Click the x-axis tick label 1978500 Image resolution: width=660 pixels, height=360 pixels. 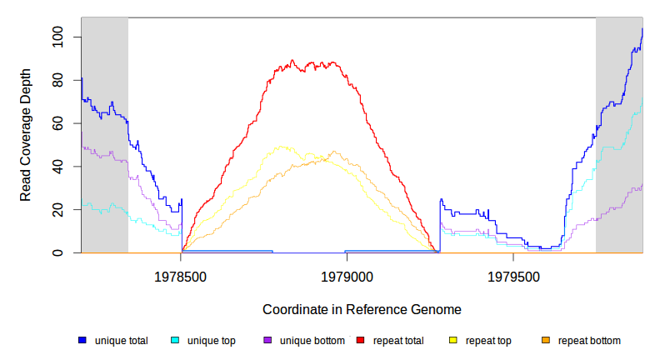pyautogui.click(x=182, y=275)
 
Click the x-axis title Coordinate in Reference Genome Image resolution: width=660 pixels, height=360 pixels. pyautogui.click(x=362, y=309)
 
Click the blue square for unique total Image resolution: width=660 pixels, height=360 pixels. pyautogui.click(x=82, y=341)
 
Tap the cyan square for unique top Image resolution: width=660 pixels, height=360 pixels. pyautogui.click(x=175, y=341)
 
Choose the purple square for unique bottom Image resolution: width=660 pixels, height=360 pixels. pyautogui.click(x=267, y=341)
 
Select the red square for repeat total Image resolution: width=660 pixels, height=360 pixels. pyautogui.click(x=360, y=341)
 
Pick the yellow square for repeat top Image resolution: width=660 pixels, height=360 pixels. pyautogui.click(x=453, y=341)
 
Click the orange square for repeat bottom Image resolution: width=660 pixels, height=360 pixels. pyautogui.click(x=546, y=341)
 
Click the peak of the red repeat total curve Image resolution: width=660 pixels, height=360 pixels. pyautogui.click(x=292, y=60)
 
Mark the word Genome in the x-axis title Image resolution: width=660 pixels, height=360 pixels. pyautogui.click(x=437, y=309)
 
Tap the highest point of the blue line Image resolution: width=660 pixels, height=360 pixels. pyautogui.click(x=642, y=29)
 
